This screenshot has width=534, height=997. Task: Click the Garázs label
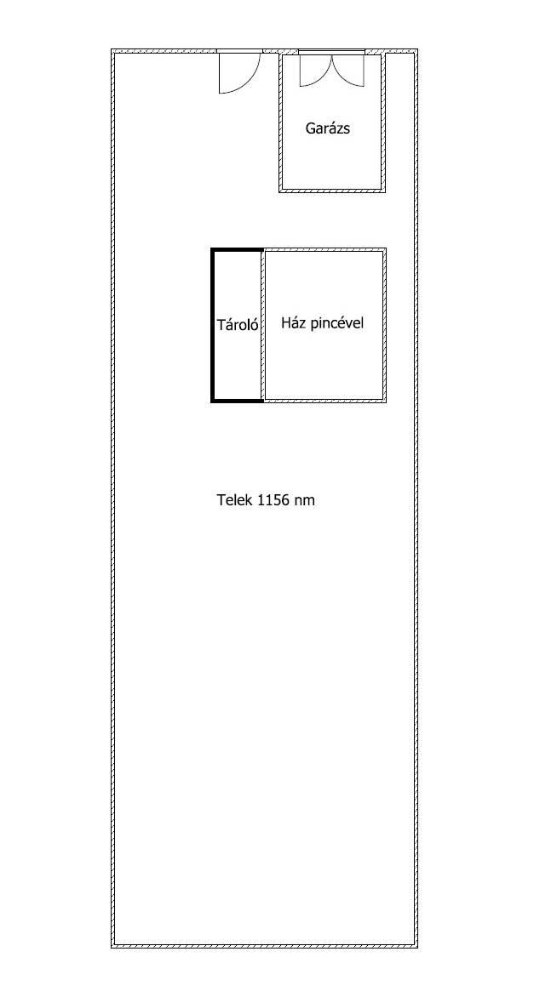[x=328, y=128]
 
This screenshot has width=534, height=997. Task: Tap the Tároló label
[x=238, y=325]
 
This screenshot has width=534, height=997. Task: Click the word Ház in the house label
[x=294, y=323]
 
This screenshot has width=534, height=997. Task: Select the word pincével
[x=337, y=323]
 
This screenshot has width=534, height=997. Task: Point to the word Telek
[x=235, y=499]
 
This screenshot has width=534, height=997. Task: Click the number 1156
[x=273, y=499]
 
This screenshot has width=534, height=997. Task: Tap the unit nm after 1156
[x=304, y=501]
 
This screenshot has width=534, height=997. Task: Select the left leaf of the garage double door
[x=316, y=69]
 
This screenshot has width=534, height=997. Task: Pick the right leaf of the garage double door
[x=349, y=69]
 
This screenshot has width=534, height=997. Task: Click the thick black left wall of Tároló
[x=213, y=325]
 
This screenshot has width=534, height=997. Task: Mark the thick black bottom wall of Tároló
[x=238, y=401]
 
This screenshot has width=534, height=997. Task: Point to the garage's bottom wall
[x=332, y=190]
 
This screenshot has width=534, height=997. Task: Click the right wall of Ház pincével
[x=384, y=325]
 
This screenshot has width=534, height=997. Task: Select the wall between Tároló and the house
[x=263, y=325]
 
